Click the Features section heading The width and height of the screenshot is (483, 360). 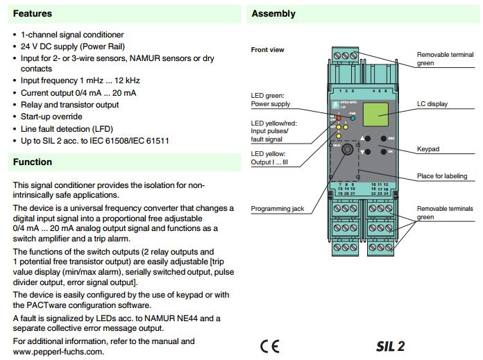[32, 14]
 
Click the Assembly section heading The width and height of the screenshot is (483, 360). [273, 14]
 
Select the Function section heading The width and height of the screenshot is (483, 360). [32, 162]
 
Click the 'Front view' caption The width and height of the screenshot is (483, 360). [267, 50]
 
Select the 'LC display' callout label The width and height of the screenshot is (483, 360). [432, 104]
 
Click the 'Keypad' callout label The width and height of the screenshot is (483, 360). [427, 148]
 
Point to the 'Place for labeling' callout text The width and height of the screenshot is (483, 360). [441, 176]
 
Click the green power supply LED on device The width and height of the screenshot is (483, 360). [353, 119]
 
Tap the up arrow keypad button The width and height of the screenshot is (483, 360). [367, 138]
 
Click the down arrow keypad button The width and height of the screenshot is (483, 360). [367, 151]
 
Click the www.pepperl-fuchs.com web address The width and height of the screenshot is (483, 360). [58, 352]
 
